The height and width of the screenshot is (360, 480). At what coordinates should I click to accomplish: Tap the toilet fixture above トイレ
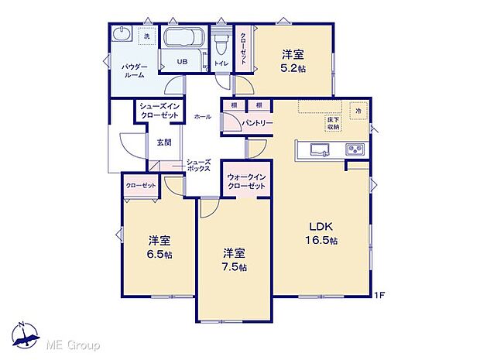point(221,38)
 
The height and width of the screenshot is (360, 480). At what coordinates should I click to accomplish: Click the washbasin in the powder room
point(122,36)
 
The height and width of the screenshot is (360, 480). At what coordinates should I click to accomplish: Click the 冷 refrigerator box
point(358,111)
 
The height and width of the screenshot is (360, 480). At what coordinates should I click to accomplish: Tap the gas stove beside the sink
point(355,149)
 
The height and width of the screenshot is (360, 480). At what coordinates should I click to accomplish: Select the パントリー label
point(255,122)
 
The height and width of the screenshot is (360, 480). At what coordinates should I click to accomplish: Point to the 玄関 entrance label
point(163,142)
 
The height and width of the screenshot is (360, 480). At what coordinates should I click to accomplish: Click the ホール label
point(202,116)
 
